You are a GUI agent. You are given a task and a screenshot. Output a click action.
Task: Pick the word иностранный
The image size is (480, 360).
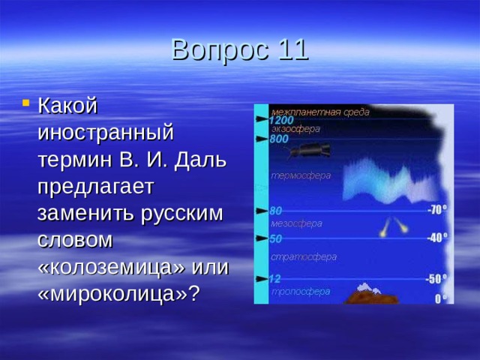106,133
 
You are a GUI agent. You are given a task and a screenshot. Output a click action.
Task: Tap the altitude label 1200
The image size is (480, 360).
281,119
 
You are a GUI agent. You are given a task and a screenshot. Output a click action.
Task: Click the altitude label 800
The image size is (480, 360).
279,139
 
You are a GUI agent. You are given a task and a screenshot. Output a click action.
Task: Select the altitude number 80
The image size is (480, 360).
276,211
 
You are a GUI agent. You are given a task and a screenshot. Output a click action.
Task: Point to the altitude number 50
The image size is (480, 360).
276,239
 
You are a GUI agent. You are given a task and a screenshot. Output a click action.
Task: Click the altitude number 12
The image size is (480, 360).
275,279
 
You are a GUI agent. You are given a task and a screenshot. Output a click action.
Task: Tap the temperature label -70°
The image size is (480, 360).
437,209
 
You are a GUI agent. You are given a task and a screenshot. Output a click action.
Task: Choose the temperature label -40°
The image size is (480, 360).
437,238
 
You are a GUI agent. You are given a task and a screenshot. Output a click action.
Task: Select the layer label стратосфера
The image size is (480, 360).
304,256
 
